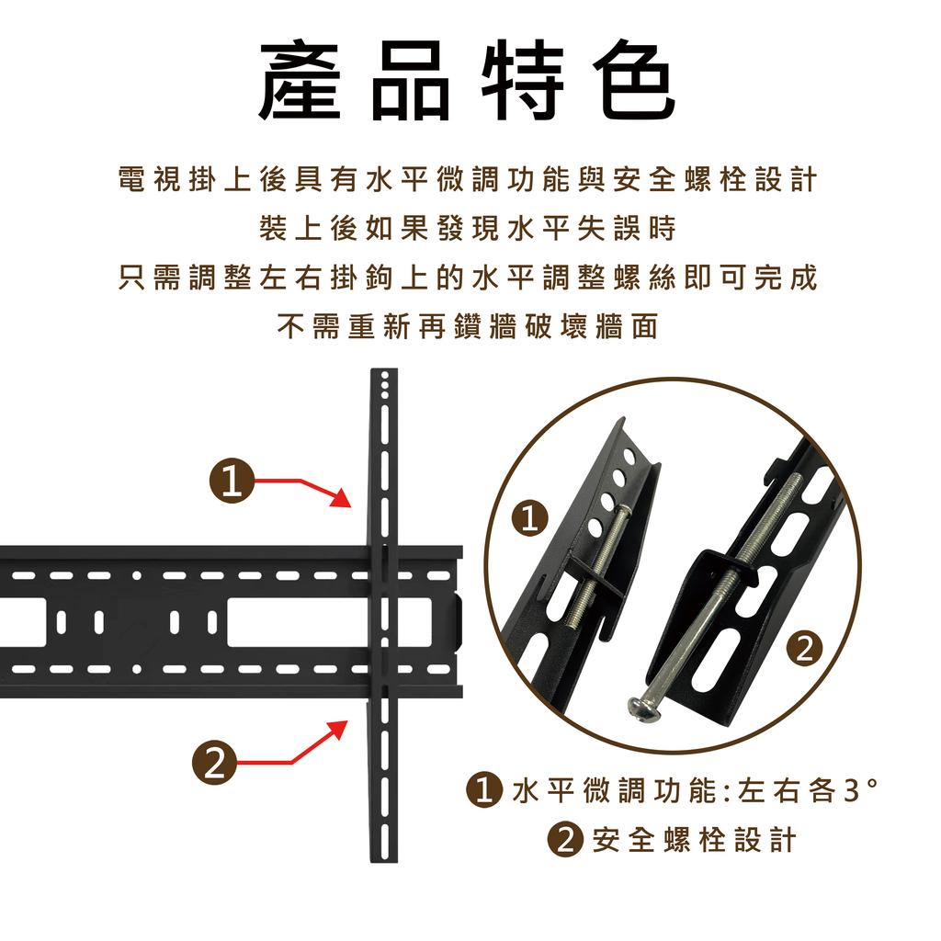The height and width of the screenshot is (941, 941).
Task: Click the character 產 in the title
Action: pyautogui.click(x=300, y=81)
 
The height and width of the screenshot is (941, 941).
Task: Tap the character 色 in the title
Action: pyautogui.click(x=634, y=81)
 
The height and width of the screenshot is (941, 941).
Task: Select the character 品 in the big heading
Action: pyautogui.click(x=411, y=81)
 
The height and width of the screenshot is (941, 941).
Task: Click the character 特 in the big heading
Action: pyautogui.click(x=522, y=81)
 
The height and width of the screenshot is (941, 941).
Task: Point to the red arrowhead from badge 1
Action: pyautogui.click(x=341, y=497)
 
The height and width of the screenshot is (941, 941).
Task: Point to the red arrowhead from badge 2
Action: pyautogui.click(x=337, y=731)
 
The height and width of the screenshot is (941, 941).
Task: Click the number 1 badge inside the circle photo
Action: pyautogui.click(x=529, y=519)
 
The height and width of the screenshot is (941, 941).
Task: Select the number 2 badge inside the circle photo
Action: pyautogui.click(x=804, y=648)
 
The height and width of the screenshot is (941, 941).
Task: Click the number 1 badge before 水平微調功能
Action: pyautogui.click(x=483, y=790)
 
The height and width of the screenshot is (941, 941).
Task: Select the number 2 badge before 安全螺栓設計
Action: pyautogui.click(x=565, y=840)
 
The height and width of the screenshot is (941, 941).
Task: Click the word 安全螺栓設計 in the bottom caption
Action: pyautogui.click(x=694, y=840)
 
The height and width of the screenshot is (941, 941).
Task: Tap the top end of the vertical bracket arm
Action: pyautogui.click(x=384, y=369)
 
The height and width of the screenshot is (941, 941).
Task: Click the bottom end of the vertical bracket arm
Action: pyautogui.click(x=384, y=860)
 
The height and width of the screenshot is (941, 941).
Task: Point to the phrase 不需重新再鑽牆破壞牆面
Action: pyautogui.click(x=468, y=326)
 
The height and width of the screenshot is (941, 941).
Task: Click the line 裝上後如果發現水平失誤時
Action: pyautogui.click(x=468, y=228)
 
